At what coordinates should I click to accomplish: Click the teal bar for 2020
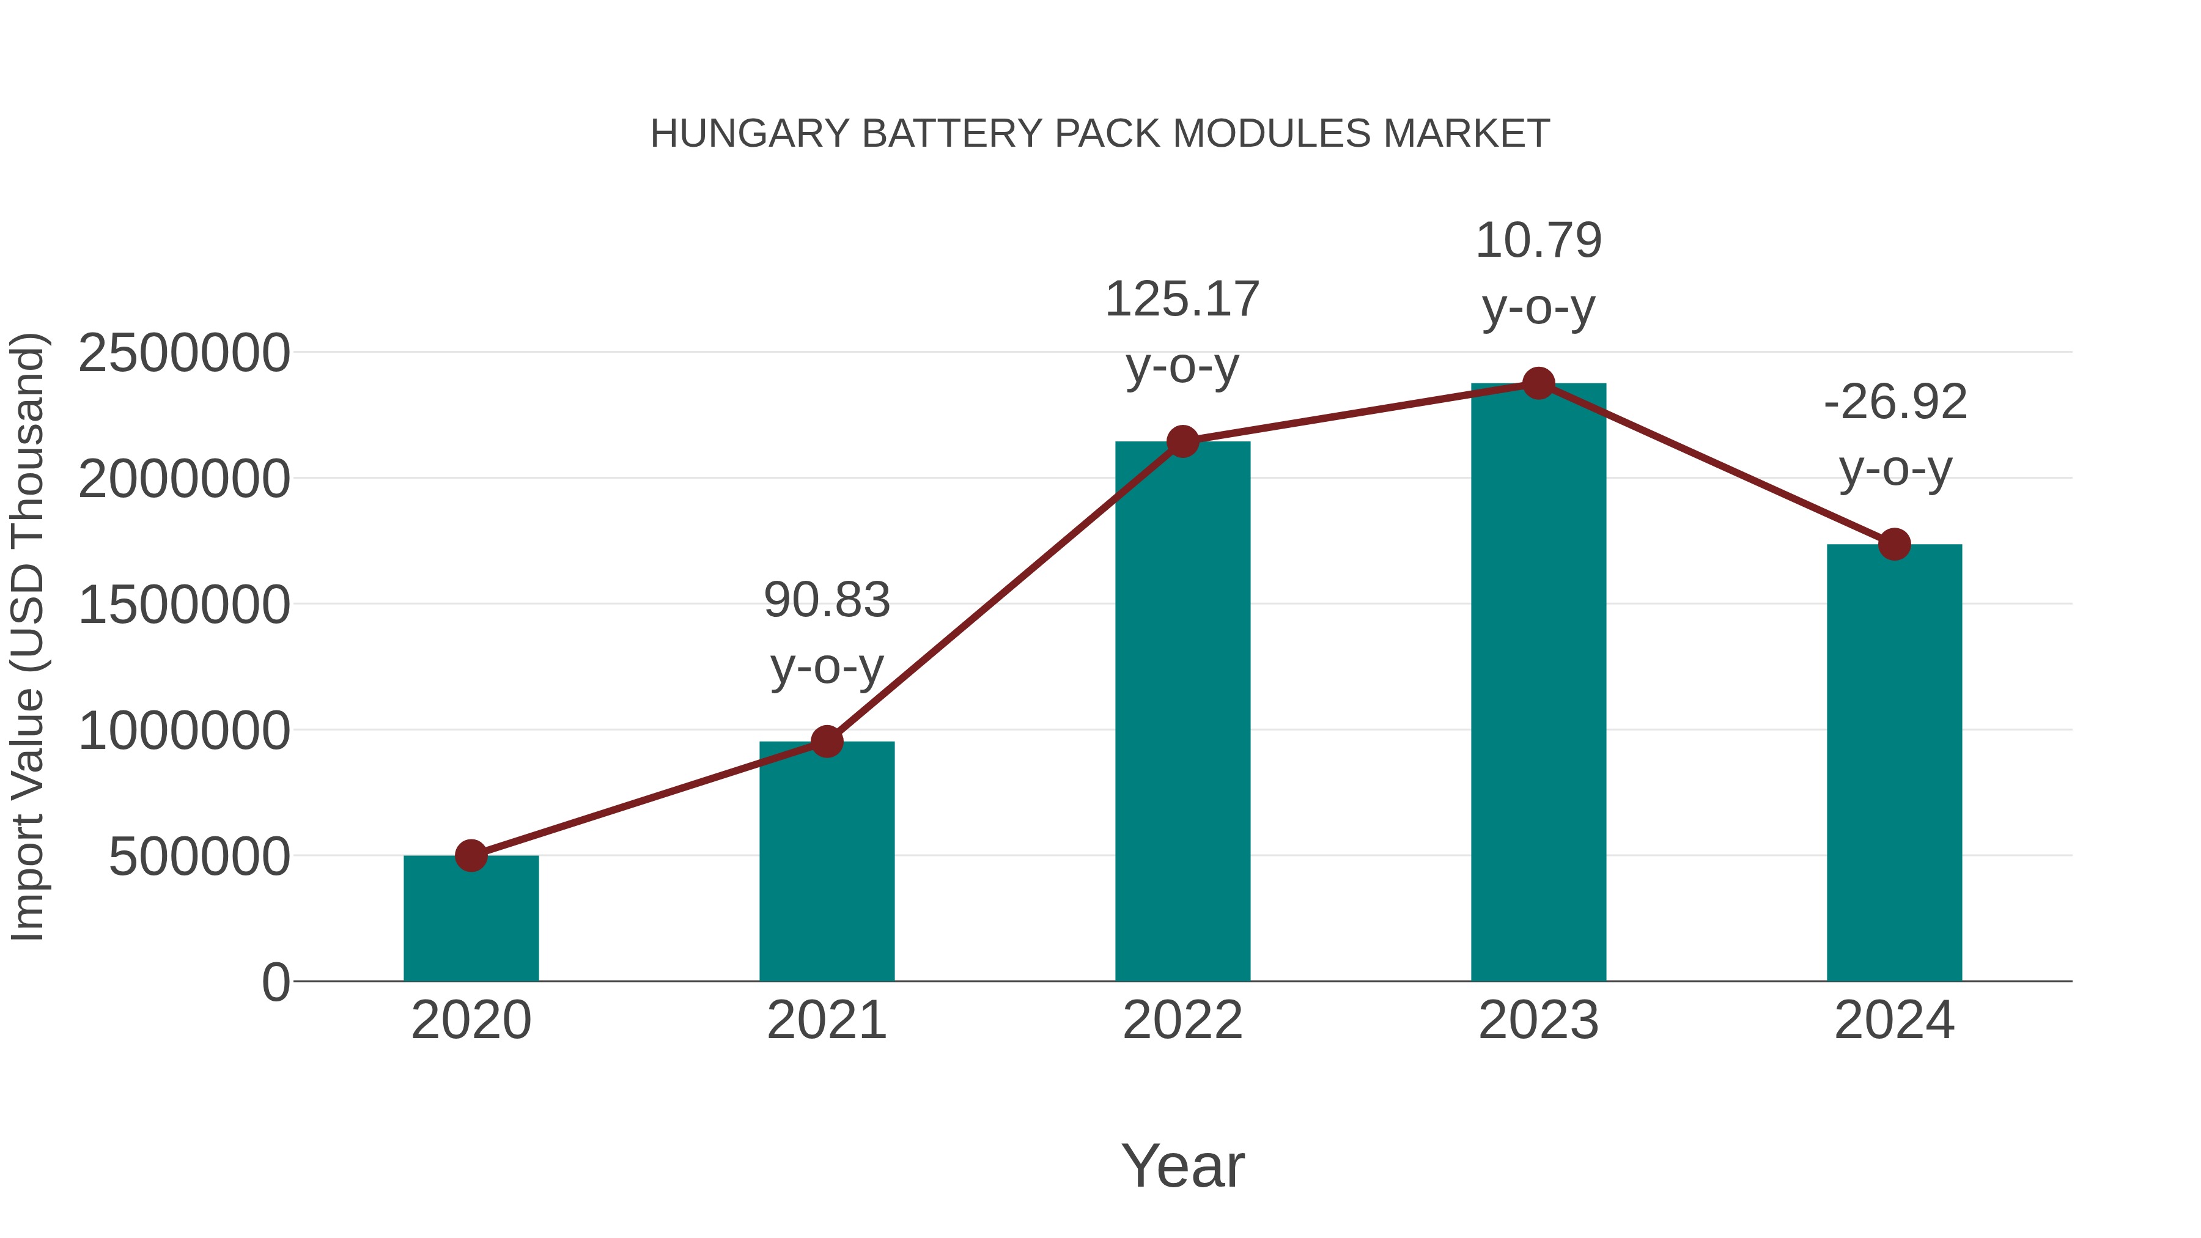[471, 923]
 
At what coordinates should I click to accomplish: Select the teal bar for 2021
[826, 863]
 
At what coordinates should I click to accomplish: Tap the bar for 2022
[1182, 718]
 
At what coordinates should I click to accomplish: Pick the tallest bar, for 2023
[1538, 683]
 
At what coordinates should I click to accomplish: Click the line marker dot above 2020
[471, 855]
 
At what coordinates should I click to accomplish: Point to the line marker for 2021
[826, 742]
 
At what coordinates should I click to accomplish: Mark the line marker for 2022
[1182, 442]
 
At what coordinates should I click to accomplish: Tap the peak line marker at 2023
[1538, 383]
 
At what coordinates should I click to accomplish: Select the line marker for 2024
[1894, 544]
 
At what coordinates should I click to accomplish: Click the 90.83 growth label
[826, 600]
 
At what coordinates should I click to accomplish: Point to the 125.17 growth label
[1182, 300]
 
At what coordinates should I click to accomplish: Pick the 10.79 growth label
[1538, 241]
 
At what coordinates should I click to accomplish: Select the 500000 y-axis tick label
[199, 857]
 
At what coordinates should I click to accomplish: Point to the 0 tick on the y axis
[275, 982]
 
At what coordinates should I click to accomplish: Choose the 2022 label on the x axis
[1182, 1020]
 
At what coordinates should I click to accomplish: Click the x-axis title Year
[1182, 1165]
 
